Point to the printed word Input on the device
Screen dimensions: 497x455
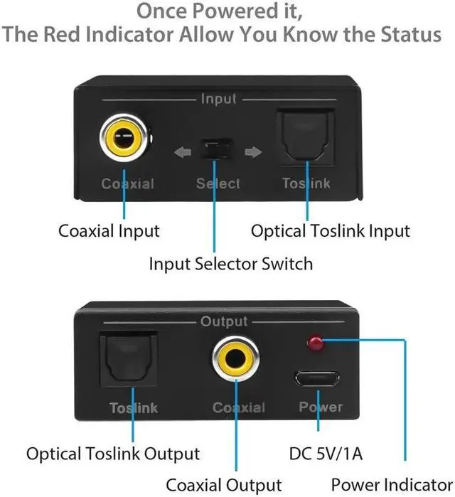218,100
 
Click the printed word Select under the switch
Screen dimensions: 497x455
218,183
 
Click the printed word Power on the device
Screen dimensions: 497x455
320,407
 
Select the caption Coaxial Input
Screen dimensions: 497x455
109,231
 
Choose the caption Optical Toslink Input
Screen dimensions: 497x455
330,231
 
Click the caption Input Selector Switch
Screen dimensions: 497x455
230,264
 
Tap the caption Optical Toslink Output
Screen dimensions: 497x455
113,453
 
